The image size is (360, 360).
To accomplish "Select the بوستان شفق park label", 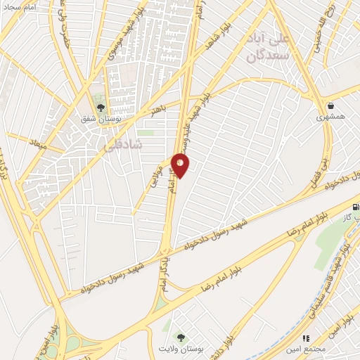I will [x=103, y=120].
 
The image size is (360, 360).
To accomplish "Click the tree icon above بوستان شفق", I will [x=101, y=108].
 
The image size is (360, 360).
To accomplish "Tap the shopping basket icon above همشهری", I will [x=328, y=106].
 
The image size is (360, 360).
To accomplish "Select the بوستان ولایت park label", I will [x=183, y=349].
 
